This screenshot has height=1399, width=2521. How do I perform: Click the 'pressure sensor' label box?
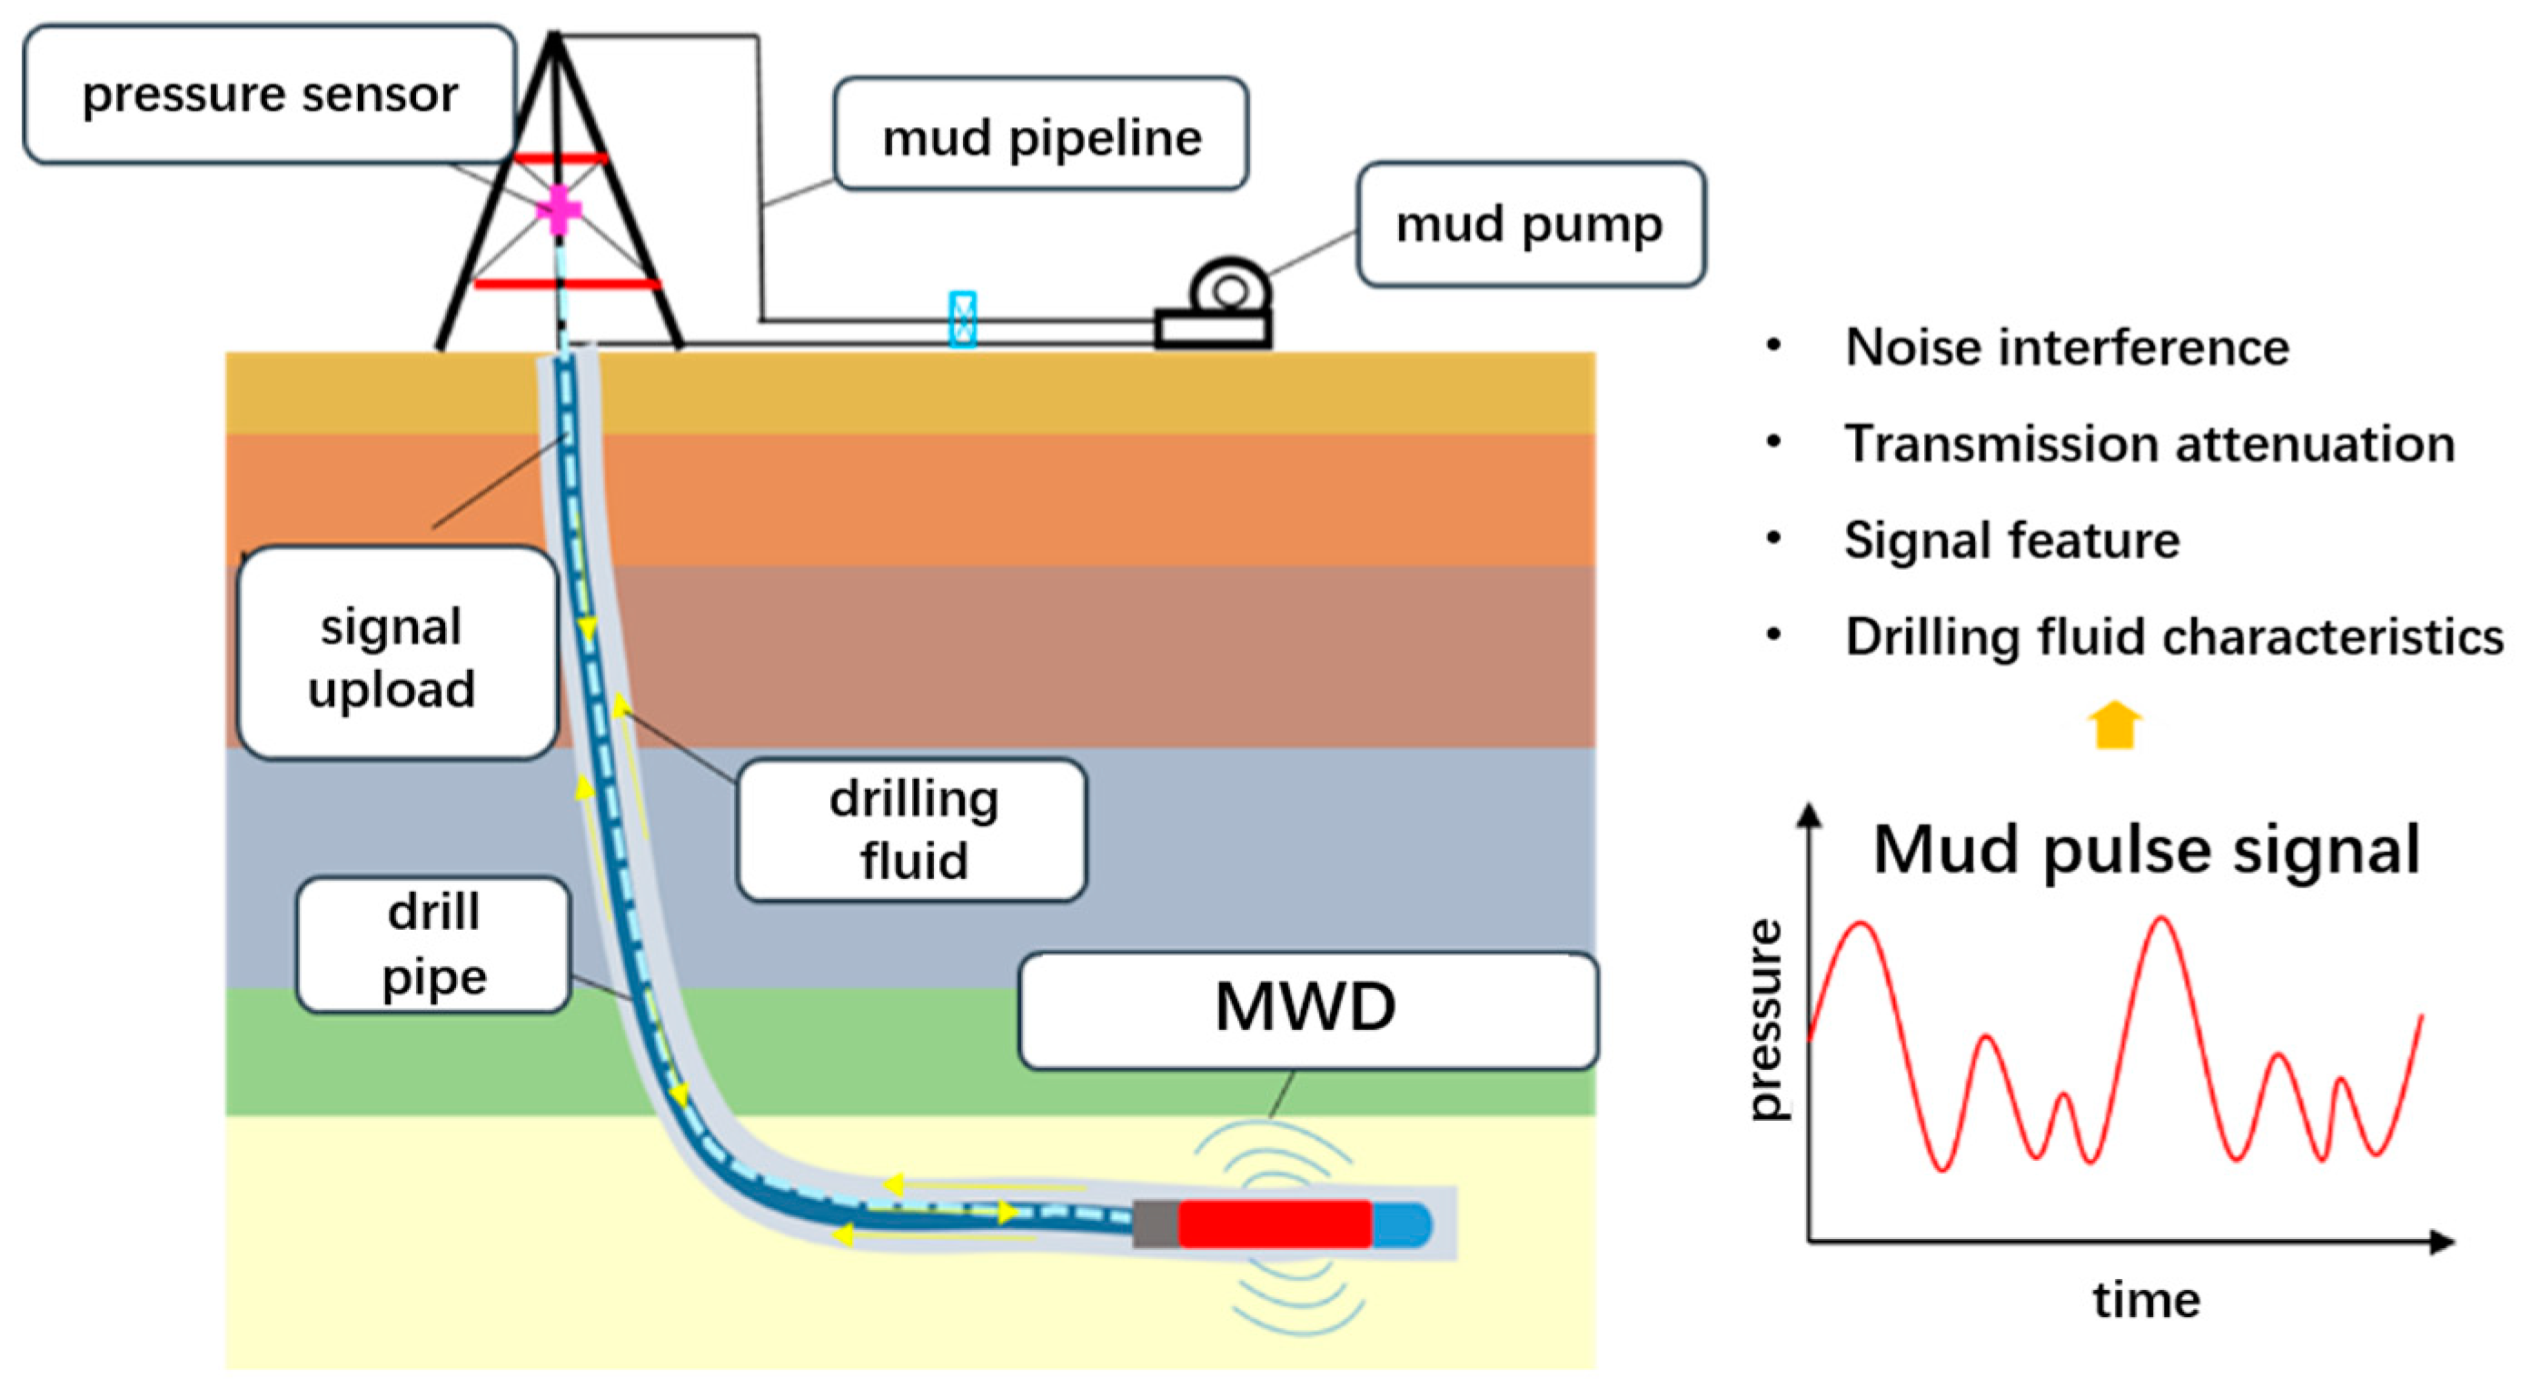click(x=269, y=95)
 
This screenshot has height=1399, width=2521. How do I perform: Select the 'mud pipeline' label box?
click(x=1040, y=135)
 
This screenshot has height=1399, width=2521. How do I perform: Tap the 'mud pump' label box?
click(x=1530, y=225)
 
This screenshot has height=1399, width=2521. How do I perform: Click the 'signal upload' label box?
click(x=396, y=654)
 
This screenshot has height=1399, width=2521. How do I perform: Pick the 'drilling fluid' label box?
click(x=912, y=830)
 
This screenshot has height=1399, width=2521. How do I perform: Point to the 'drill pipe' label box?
click(x=433, y=944)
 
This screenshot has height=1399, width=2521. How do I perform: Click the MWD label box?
click(x=1306, y=1008)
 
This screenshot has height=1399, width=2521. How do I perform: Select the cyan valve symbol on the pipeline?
click(x=963, y=319)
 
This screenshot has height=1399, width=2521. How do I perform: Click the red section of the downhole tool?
click(x=1275, y=1224)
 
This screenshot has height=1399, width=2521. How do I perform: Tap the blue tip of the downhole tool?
click(x=1403, y=1224)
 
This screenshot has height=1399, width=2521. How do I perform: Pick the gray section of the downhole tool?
click(x=1156, y=1224)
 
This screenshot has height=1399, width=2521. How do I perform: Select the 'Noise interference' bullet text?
click(x=2066, y=346)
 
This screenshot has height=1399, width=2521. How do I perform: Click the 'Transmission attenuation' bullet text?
click(x=2149, y=444)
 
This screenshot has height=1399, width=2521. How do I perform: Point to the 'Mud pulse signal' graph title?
click(x=2145, y=849)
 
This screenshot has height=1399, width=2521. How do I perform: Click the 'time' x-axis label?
click(x=2146, y=1300)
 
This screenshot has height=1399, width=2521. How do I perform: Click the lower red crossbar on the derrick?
click(x=566, y=284)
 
